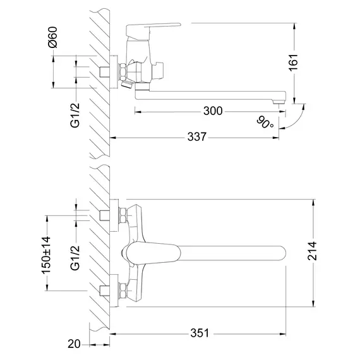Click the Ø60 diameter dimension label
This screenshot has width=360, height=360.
tap(53, 40)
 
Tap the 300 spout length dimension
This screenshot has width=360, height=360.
tap(213, 111)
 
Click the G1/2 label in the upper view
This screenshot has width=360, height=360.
tap(75, 114)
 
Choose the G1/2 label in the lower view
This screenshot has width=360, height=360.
tap(75, 256)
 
